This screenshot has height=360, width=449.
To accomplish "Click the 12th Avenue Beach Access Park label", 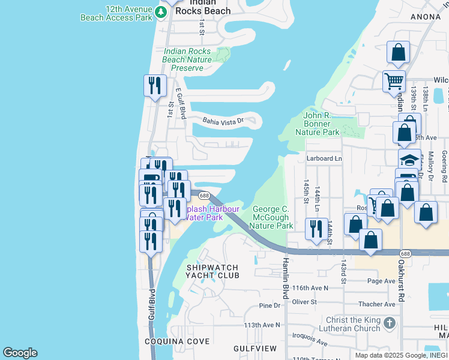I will [x=116, y=14].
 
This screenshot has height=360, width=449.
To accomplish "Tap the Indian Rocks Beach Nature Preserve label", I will [x=187, y=60].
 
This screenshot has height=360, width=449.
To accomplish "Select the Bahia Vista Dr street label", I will [x=222, y=121].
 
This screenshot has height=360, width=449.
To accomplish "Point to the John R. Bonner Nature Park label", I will [x=321, y=124].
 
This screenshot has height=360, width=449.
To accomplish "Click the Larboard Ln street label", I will [x=324, y=159].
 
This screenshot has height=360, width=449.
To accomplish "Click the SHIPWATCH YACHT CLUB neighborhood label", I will [x=212, y=271].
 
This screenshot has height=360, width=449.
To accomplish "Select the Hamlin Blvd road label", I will [x=286, y=278].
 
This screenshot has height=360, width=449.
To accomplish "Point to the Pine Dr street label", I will [x=270, y=305].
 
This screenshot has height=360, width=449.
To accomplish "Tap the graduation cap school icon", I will [x=409, y=160].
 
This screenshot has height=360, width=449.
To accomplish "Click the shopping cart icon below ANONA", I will [x=394, y=80].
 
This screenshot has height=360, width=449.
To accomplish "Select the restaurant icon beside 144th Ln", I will [x=316, y=228].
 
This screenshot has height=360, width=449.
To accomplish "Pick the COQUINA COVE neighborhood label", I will [x=177, y=341].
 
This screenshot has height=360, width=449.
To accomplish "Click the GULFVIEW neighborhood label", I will [x=255, y=349].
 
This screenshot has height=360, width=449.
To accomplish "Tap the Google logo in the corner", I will [x=20, y=353].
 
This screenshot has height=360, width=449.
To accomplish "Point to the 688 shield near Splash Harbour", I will [x=204, y=196].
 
